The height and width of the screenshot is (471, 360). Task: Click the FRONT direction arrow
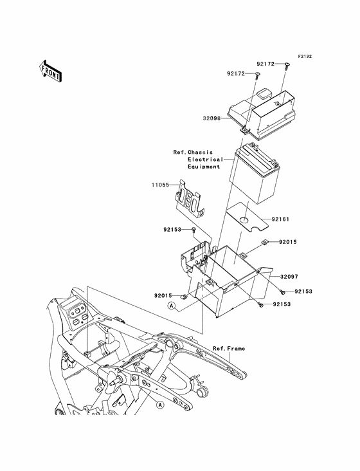[51, 71]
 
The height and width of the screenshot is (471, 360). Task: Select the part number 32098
[212, 118]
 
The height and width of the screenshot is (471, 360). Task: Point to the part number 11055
[160, 185]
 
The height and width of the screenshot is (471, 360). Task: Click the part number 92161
[280, 219]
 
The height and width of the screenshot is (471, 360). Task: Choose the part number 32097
[289, 276]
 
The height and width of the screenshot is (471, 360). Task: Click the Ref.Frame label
[229, 349]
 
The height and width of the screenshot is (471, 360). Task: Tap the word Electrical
[206, 160]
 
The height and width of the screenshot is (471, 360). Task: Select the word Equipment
[204, 167]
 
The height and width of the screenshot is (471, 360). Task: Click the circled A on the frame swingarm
[161, 405]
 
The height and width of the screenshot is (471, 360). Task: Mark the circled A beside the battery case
[172, 306]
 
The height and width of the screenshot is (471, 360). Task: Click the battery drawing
[255, 174]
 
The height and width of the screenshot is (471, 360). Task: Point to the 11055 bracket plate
[189, 199]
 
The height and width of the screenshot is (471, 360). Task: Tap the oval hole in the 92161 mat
[245, 220]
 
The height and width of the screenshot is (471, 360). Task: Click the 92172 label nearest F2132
[265, 64]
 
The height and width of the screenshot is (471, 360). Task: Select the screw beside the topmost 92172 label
[285, 66]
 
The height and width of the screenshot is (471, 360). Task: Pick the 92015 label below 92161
[288, 242]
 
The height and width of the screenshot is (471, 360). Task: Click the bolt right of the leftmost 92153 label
[194, 231]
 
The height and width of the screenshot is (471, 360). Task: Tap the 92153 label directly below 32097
[303, 291]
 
